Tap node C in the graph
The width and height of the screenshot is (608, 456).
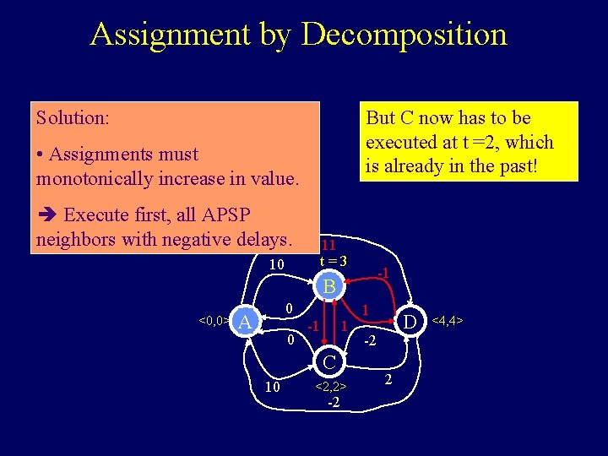pyautogui.click(x=330, y=362)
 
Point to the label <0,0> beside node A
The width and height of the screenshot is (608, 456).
pyautogui.click(x=213, y=321)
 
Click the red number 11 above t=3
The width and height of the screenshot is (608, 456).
pyautogui.click(x=328, y=245)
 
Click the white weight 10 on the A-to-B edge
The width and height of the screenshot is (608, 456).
pyautogui.click(x=276, y=265)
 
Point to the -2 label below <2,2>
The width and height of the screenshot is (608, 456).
pyautogui.click(x=333, y=402)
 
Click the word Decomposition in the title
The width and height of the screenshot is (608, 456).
pyautogui.click(x=404, y=35)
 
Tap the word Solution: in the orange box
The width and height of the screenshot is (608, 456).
pyautogui.click(x=73, y=117)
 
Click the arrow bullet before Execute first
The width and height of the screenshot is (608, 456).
pyautogui.click(x=46, y=215)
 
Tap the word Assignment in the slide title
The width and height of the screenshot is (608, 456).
pyautogui.click(x=171, y=35)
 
